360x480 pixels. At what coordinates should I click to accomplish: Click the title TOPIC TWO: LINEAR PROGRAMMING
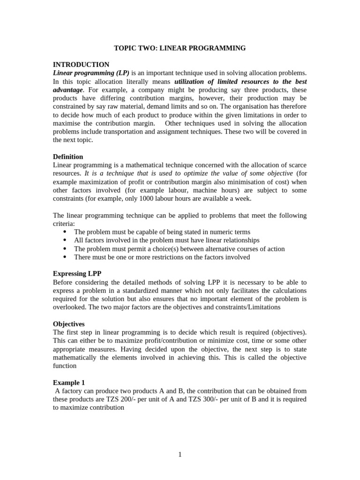180,48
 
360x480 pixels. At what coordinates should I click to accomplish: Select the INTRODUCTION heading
81,65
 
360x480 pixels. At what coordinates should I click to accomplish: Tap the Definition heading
68,157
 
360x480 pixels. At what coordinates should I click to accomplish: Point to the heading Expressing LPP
77,274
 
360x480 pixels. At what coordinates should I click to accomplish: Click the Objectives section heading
68,324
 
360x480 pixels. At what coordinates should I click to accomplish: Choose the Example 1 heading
69,382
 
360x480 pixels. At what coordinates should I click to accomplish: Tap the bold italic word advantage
67,90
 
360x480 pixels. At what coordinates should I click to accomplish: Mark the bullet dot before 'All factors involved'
64,240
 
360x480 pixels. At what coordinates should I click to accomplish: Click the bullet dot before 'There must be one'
64,257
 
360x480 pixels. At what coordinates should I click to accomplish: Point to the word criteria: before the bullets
64,224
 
